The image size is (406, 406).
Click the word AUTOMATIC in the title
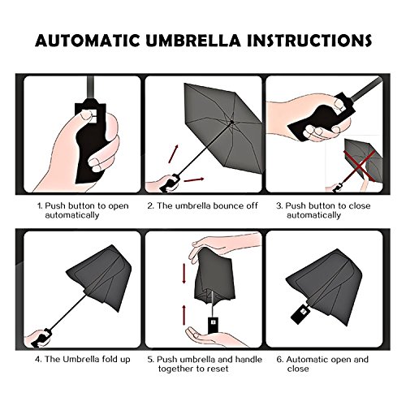tap(88, 41)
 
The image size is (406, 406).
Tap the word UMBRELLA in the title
tap(193, 41)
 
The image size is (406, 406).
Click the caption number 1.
tap(40, 206)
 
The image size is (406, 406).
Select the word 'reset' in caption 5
tap(218, 369)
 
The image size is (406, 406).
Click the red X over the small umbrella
tap(360, 166)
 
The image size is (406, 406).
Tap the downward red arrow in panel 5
tap(184, 274)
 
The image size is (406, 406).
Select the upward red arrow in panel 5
tap(184, 315)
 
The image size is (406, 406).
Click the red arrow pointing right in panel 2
tap(193, 179)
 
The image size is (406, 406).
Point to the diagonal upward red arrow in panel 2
tap(173, 154)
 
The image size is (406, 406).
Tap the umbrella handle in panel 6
tap(300, 314)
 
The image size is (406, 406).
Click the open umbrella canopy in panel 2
tap(222, 127)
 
